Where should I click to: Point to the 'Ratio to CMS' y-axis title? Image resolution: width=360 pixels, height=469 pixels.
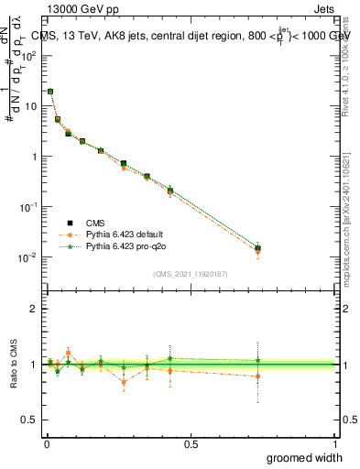(13, 365)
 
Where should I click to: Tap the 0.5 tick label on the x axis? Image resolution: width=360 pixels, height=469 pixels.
(191, 443)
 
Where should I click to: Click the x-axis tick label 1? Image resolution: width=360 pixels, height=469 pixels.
(335, 443)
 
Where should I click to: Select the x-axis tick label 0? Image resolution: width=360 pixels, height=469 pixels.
(46, 443)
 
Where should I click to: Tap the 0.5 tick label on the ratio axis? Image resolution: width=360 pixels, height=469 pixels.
(30, 420)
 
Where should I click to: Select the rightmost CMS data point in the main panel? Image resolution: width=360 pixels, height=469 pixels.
(257, 248)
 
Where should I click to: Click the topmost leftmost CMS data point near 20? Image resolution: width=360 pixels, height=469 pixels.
(50, 92)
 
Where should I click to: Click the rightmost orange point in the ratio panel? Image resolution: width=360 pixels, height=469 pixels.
(257, 376)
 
